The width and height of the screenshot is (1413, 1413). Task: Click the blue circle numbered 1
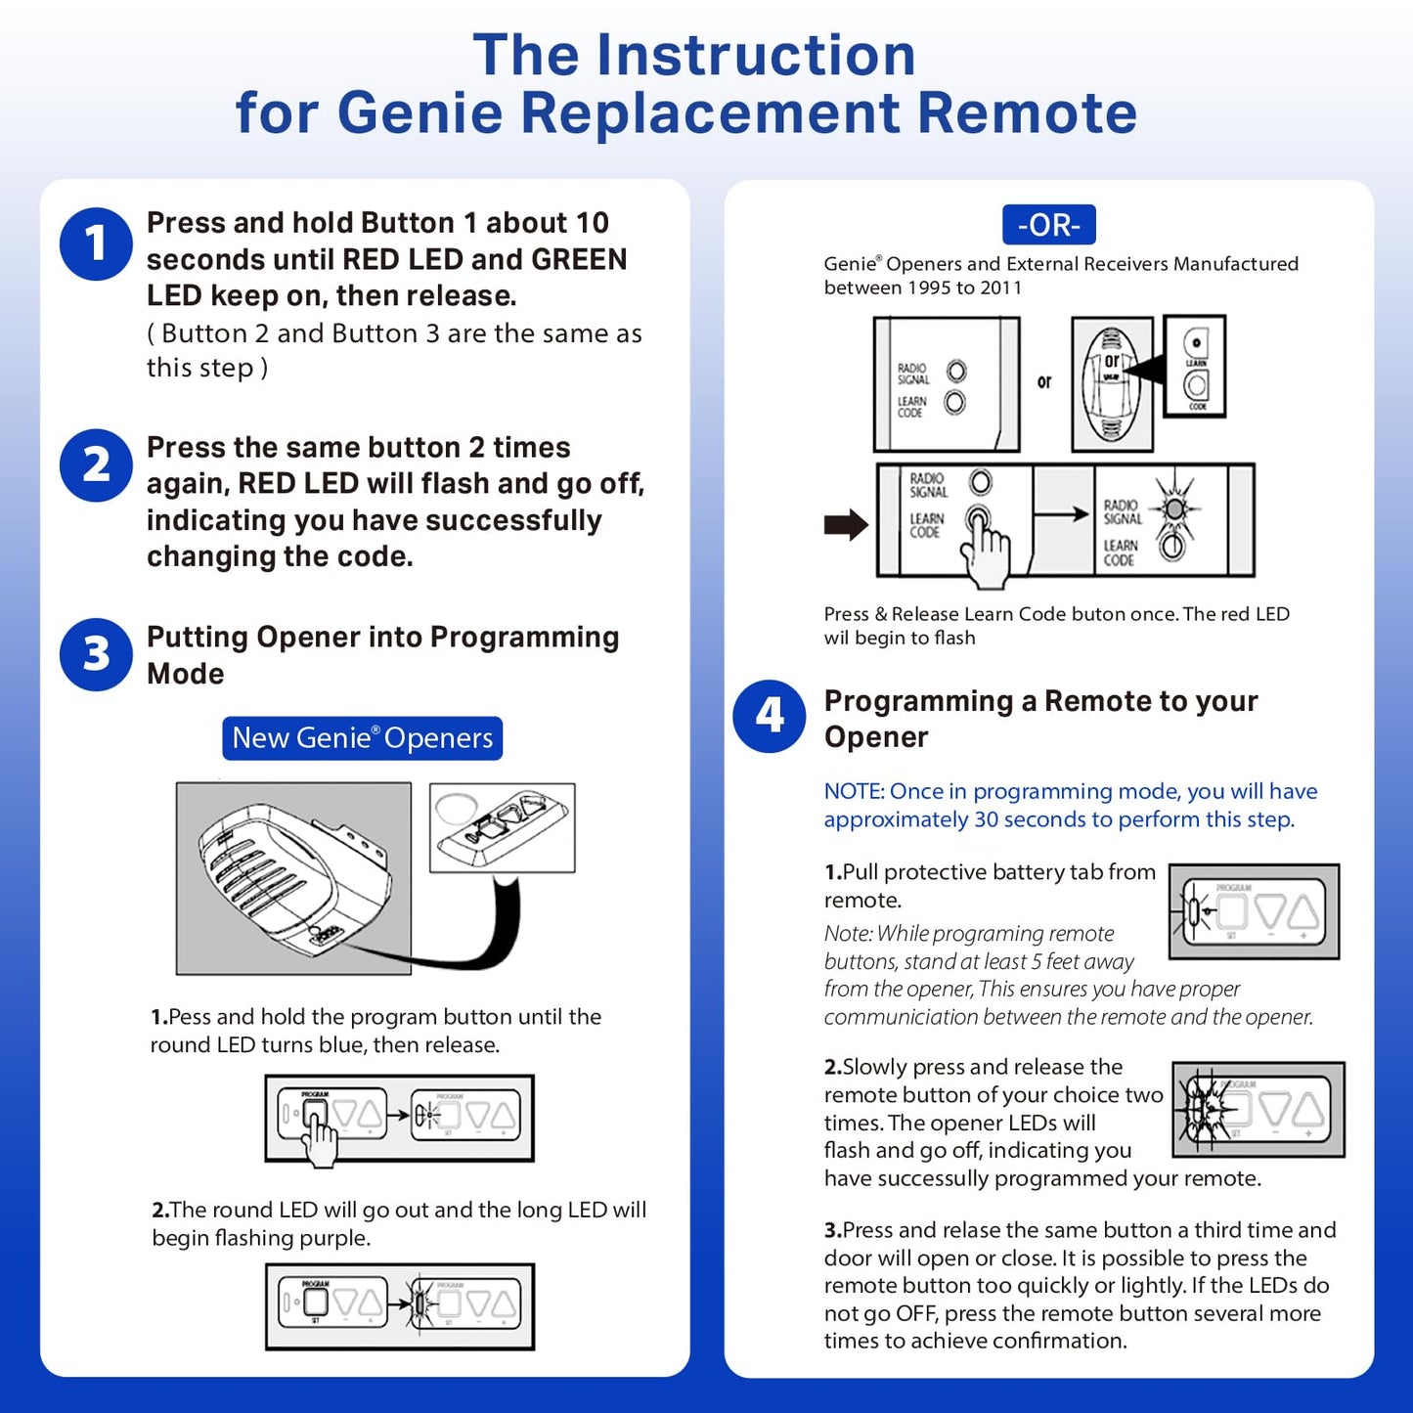click(96, 243)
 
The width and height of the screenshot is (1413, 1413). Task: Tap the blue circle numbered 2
click(96, 465)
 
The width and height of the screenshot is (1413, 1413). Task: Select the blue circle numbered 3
click(96, 654)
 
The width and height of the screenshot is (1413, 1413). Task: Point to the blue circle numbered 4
click(770, 716)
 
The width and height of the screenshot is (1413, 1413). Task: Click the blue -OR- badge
click(1048, 225)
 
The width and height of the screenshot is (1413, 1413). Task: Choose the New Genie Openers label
click(362, 738)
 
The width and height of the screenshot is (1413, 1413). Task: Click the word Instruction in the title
click(756, 55)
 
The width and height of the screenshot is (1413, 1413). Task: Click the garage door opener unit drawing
click(293, 878)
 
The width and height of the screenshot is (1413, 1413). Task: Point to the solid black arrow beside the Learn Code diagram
click(846, 525)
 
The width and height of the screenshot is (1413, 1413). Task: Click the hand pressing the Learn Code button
click(986, 552)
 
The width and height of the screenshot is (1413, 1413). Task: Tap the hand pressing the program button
click(319, 1136)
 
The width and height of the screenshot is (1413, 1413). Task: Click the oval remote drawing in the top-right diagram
click(1112, 383)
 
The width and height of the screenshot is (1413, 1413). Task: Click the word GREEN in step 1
click(578, 259)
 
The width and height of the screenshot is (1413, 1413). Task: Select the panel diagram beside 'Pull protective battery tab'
click(1254, 911)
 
